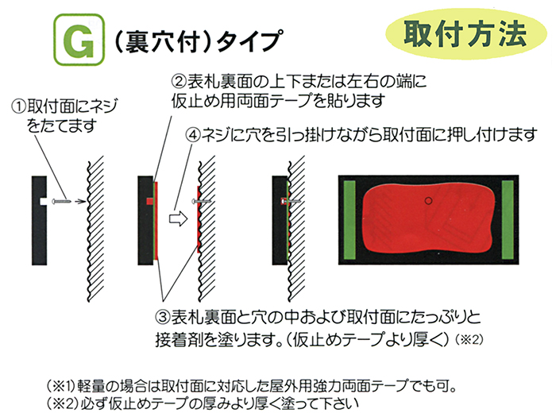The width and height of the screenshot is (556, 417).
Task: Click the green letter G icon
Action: (x=79, y=40)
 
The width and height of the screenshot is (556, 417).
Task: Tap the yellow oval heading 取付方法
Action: (x=466, y=33)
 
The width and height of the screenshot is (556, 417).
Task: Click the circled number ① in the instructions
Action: (x=18, y=106)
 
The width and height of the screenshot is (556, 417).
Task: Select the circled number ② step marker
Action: (x=179, y=82)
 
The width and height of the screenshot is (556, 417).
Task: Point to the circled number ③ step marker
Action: (x=163, y=317)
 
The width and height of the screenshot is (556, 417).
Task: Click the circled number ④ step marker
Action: (x=194, y=135)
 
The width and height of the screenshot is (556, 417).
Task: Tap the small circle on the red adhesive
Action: (x=428, y=201)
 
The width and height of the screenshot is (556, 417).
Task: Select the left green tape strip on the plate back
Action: (x=349, y=220)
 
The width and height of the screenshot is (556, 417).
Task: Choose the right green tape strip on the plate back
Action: (x=508, y=220)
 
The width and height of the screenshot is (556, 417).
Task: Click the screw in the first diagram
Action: (x=61, y=202)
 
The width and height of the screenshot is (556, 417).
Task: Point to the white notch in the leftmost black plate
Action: (x=43, y=202)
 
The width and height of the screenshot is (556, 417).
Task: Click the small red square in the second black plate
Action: (x=149, y=202)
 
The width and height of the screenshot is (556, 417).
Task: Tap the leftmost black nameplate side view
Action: (x=40, y=221)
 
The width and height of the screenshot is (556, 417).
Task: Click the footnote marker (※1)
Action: (x=61, y=385)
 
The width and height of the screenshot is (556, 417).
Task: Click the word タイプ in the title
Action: (x=249, y=41)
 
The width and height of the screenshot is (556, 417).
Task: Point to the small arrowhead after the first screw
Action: (x=82, y=202)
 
